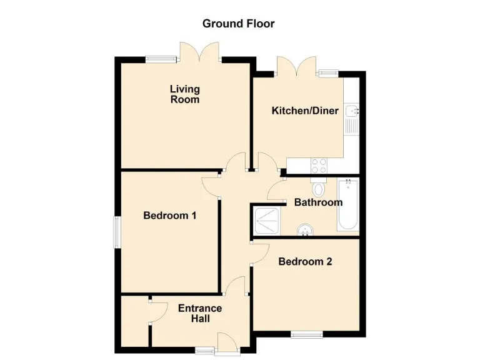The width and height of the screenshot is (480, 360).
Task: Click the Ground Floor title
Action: [238, 24]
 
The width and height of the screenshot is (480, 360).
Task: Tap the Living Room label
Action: [185, 94]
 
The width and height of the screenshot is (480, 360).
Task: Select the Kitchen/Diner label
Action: [304, 111]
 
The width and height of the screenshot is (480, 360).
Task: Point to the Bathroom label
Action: [318, 202]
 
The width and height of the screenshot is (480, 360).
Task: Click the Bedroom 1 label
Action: [170, 216]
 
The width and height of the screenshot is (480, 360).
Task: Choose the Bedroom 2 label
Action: [305, 261]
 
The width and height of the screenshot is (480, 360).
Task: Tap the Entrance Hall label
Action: [200, 313]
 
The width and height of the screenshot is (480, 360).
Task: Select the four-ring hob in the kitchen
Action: [319, 165]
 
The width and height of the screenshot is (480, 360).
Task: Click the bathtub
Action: [347, 204]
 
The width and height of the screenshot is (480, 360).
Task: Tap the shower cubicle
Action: [267, 220]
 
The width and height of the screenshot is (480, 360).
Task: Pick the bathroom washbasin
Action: [306, 231]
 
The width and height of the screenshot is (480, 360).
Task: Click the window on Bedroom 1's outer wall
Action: [116, 232]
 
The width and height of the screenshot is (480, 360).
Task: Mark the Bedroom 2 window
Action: [307, 334]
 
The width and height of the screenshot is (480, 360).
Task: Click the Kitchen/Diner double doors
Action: [296, 66]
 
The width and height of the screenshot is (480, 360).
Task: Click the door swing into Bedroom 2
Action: [259, 251]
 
